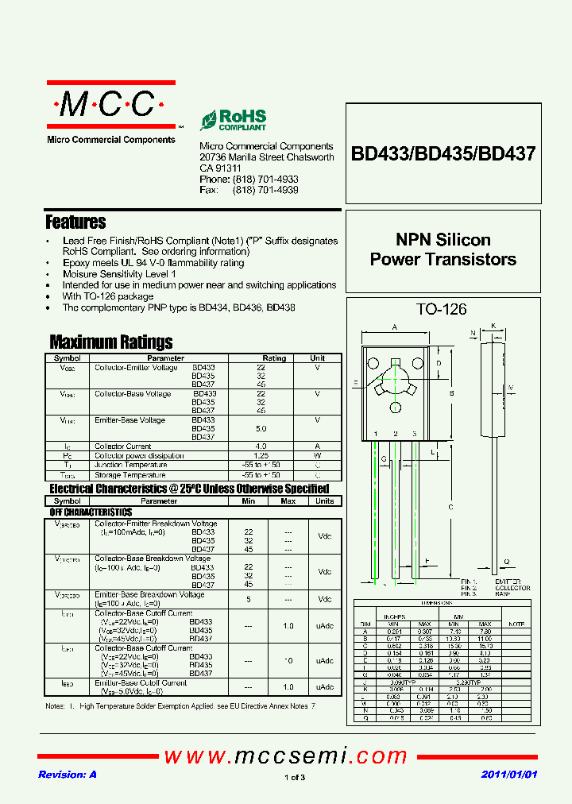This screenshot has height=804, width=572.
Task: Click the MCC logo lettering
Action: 110,104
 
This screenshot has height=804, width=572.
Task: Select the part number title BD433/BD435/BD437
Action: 443,153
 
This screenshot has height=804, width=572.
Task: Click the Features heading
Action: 75,222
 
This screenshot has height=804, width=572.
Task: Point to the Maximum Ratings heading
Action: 110,342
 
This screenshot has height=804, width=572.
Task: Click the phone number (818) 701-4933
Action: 265,180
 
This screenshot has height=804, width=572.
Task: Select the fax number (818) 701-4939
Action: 265,191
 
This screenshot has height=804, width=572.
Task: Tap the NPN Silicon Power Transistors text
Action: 443,249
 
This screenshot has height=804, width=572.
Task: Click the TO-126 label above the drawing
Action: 442,310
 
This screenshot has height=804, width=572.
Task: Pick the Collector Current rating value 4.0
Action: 261,446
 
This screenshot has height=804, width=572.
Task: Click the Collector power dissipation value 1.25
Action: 261,456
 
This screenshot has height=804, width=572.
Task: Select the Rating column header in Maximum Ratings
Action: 274,358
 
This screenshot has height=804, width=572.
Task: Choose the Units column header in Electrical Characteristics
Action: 324,501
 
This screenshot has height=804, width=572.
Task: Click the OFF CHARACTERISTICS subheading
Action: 91,512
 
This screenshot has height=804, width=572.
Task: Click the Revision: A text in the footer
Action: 68,775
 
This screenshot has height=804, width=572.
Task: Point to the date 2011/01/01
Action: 509,775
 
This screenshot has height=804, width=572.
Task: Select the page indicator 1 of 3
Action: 294,777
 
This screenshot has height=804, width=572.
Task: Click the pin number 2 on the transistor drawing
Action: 395,434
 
